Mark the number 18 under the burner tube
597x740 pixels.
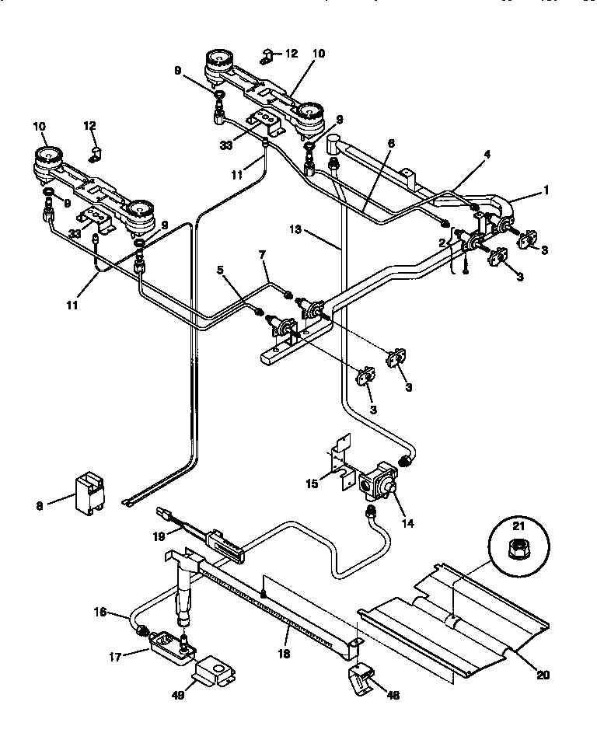tap(284, 654)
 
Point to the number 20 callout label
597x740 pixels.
tap(542, 675)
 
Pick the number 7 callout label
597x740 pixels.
tap(263, 254)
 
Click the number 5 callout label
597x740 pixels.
tap(221, 271)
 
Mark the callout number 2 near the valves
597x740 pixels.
tap(442, 243)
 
